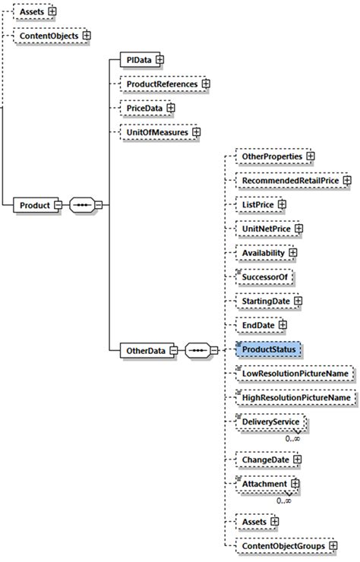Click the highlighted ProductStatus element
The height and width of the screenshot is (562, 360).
click(268, 349)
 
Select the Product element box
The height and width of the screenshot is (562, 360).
click(35, 205)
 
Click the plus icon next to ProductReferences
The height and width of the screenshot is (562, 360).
click(205, 84)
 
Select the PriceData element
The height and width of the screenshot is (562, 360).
click(144, 109)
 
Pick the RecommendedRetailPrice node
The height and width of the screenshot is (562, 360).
click(289, 181)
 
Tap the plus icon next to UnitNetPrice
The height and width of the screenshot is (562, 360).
click(298, 228)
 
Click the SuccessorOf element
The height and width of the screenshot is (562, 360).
click(264, 277)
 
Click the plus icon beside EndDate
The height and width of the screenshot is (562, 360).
click(283, 325)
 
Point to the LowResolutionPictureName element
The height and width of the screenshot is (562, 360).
click(294, 373)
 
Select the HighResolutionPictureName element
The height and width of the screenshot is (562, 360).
click(295, 397)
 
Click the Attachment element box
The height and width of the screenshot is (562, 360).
click(264, 484)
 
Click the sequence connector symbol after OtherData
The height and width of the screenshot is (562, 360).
click(200, 350)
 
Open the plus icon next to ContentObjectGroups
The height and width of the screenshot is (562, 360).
click(333, 545)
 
